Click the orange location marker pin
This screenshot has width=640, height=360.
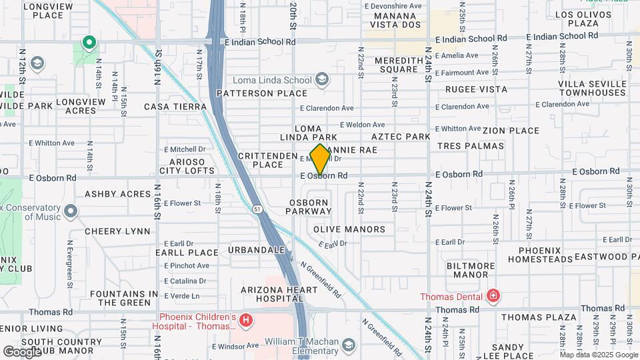[x=321, y=159]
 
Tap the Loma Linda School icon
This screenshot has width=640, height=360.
[x=323, y=80]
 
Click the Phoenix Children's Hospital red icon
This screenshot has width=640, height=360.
[x=246, y=321]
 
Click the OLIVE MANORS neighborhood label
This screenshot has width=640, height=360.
[x=349, y=229]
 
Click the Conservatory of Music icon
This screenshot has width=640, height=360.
[x=71, y=212]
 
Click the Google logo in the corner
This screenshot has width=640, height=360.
[x=22, y=351]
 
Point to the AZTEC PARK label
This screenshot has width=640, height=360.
[x=401, y=137]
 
